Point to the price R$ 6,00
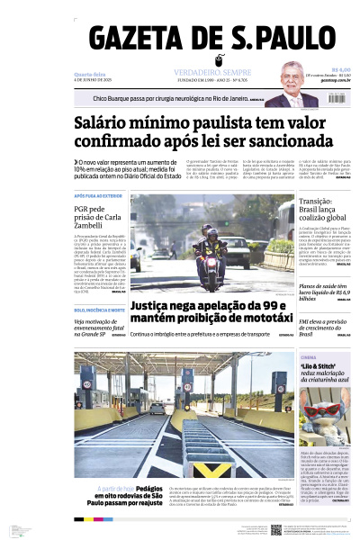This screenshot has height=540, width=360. pos(340,69)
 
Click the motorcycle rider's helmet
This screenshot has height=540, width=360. pos(210,231)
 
